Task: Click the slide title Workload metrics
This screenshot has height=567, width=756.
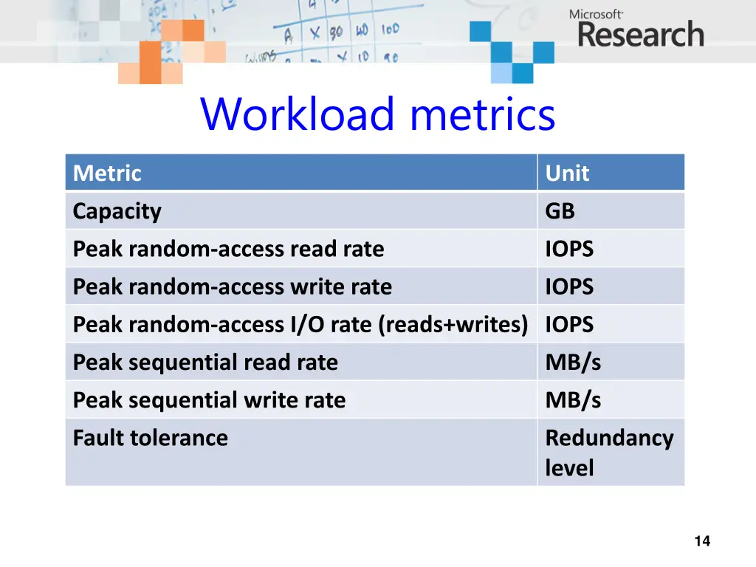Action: point(377,114)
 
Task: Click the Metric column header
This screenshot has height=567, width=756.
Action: point(107,173)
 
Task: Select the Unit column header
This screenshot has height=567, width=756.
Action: point(567,173)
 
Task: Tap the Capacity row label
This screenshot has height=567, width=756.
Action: point(117,212)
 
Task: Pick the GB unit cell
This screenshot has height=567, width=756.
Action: point(560,212)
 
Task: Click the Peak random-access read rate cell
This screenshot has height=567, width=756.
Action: point(228,250)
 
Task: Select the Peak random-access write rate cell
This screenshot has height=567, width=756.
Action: point(232,287)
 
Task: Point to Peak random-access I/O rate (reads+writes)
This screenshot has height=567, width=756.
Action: point(300,325)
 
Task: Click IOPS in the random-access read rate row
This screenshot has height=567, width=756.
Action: point(569,250)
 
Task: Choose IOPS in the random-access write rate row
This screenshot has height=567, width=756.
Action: point(569,287)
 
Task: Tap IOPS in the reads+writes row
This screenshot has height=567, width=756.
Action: point(569,325)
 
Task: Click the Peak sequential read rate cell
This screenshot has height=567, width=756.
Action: point(205,362)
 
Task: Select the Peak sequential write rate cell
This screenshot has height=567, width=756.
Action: point(209,400)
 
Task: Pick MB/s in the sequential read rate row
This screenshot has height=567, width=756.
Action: point(573,362)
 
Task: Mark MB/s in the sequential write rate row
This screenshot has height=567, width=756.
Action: point(573,400)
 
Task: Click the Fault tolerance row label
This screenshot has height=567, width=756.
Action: point(150,438)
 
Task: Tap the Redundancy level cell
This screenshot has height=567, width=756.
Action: point(608,452)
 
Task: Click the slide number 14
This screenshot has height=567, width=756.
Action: point(702,541)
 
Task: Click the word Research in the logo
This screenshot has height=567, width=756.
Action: point(640,35)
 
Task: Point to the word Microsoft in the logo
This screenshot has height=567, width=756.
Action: point(596,13)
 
